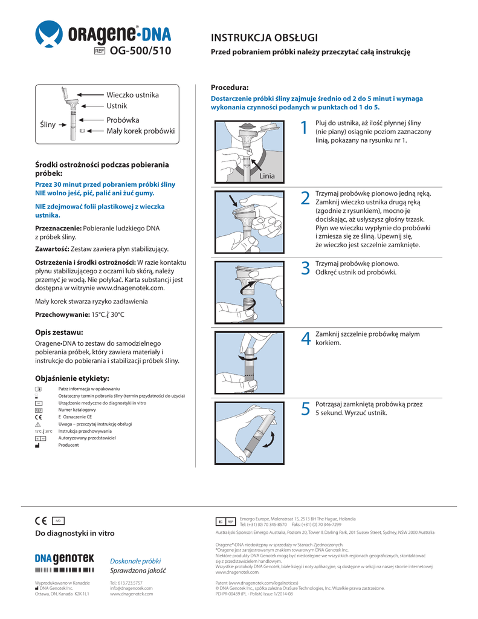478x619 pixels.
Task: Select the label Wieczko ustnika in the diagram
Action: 132,95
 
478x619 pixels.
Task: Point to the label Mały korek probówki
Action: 140,131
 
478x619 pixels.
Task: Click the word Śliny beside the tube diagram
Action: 48,125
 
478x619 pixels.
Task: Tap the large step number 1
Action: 305,128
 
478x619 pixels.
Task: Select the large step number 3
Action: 305,268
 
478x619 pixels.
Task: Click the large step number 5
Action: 305,409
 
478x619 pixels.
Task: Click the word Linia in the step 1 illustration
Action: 266,176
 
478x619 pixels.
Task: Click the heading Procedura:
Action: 230,88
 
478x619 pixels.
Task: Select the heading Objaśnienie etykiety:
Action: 73,378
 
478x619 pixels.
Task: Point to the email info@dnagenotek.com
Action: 131,588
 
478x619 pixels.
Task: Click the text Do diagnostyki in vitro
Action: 75,534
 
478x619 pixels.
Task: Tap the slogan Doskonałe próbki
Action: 135,560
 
